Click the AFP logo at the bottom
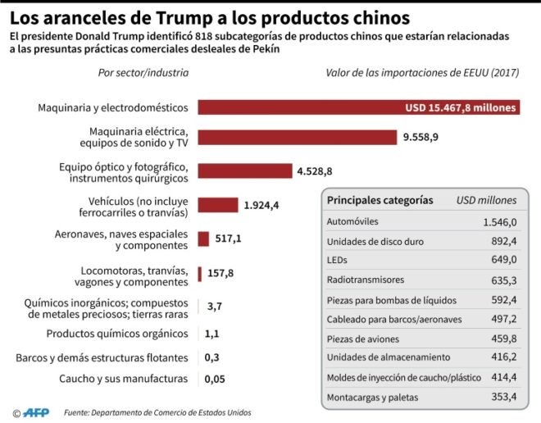click(35, 412)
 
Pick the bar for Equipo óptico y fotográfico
click(244, 171)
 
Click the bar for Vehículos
click(217, 205)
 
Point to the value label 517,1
click(229, 239)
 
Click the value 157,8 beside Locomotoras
click(220, 273)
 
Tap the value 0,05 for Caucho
click(216, 379)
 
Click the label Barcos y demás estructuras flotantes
click(102, 357)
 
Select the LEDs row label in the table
click(338, 261)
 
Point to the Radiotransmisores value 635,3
click(502, 280)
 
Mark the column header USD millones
click(486, 199)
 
